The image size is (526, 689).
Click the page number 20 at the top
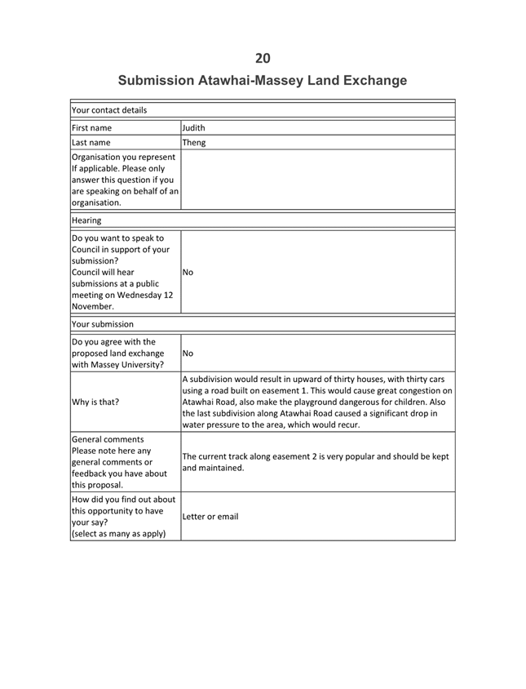pos(263,57)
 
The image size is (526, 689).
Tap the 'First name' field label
pos(92,128)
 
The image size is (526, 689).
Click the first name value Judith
pos(197,128)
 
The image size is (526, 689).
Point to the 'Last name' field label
pos(91,143)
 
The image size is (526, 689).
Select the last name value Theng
pos(195,143)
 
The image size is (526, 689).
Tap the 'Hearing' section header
pos(86,221)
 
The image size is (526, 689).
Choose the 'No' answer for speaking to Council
pos(189,273)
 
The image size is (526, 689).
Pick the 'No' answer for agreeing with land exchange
pos(189,353)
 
